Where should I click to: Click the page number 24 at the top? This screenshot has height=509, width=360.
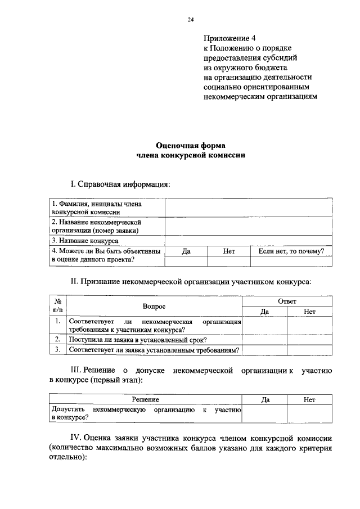tap(191, 20)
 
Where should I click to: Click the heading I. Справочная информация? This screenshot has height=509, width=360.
tap(119, 184)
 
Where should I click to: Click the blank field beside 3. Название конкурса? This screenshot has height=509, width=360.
tap(247, 240)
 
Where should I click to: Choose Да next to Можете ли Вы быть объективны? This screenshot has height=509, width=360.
tap(186, 251)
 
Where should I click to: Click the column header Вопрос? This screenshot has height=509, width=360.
tap(154, 306)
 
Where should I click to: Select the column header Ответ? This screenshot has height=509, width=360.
tap(287, 301)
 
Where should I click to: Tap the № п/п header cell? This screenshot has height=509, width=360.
tap(57, 306)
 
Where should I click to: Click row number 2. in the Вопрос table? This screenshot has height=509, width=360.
tap(57, 339)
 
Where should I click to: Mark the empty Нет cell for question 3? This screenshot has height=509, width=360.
tap(309, 350)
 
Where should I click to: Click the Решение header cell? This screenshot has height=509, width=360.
tap(146, 399)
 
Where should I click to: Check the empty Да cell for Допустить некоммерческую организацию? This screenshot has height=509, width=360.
tap(265, 413)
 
